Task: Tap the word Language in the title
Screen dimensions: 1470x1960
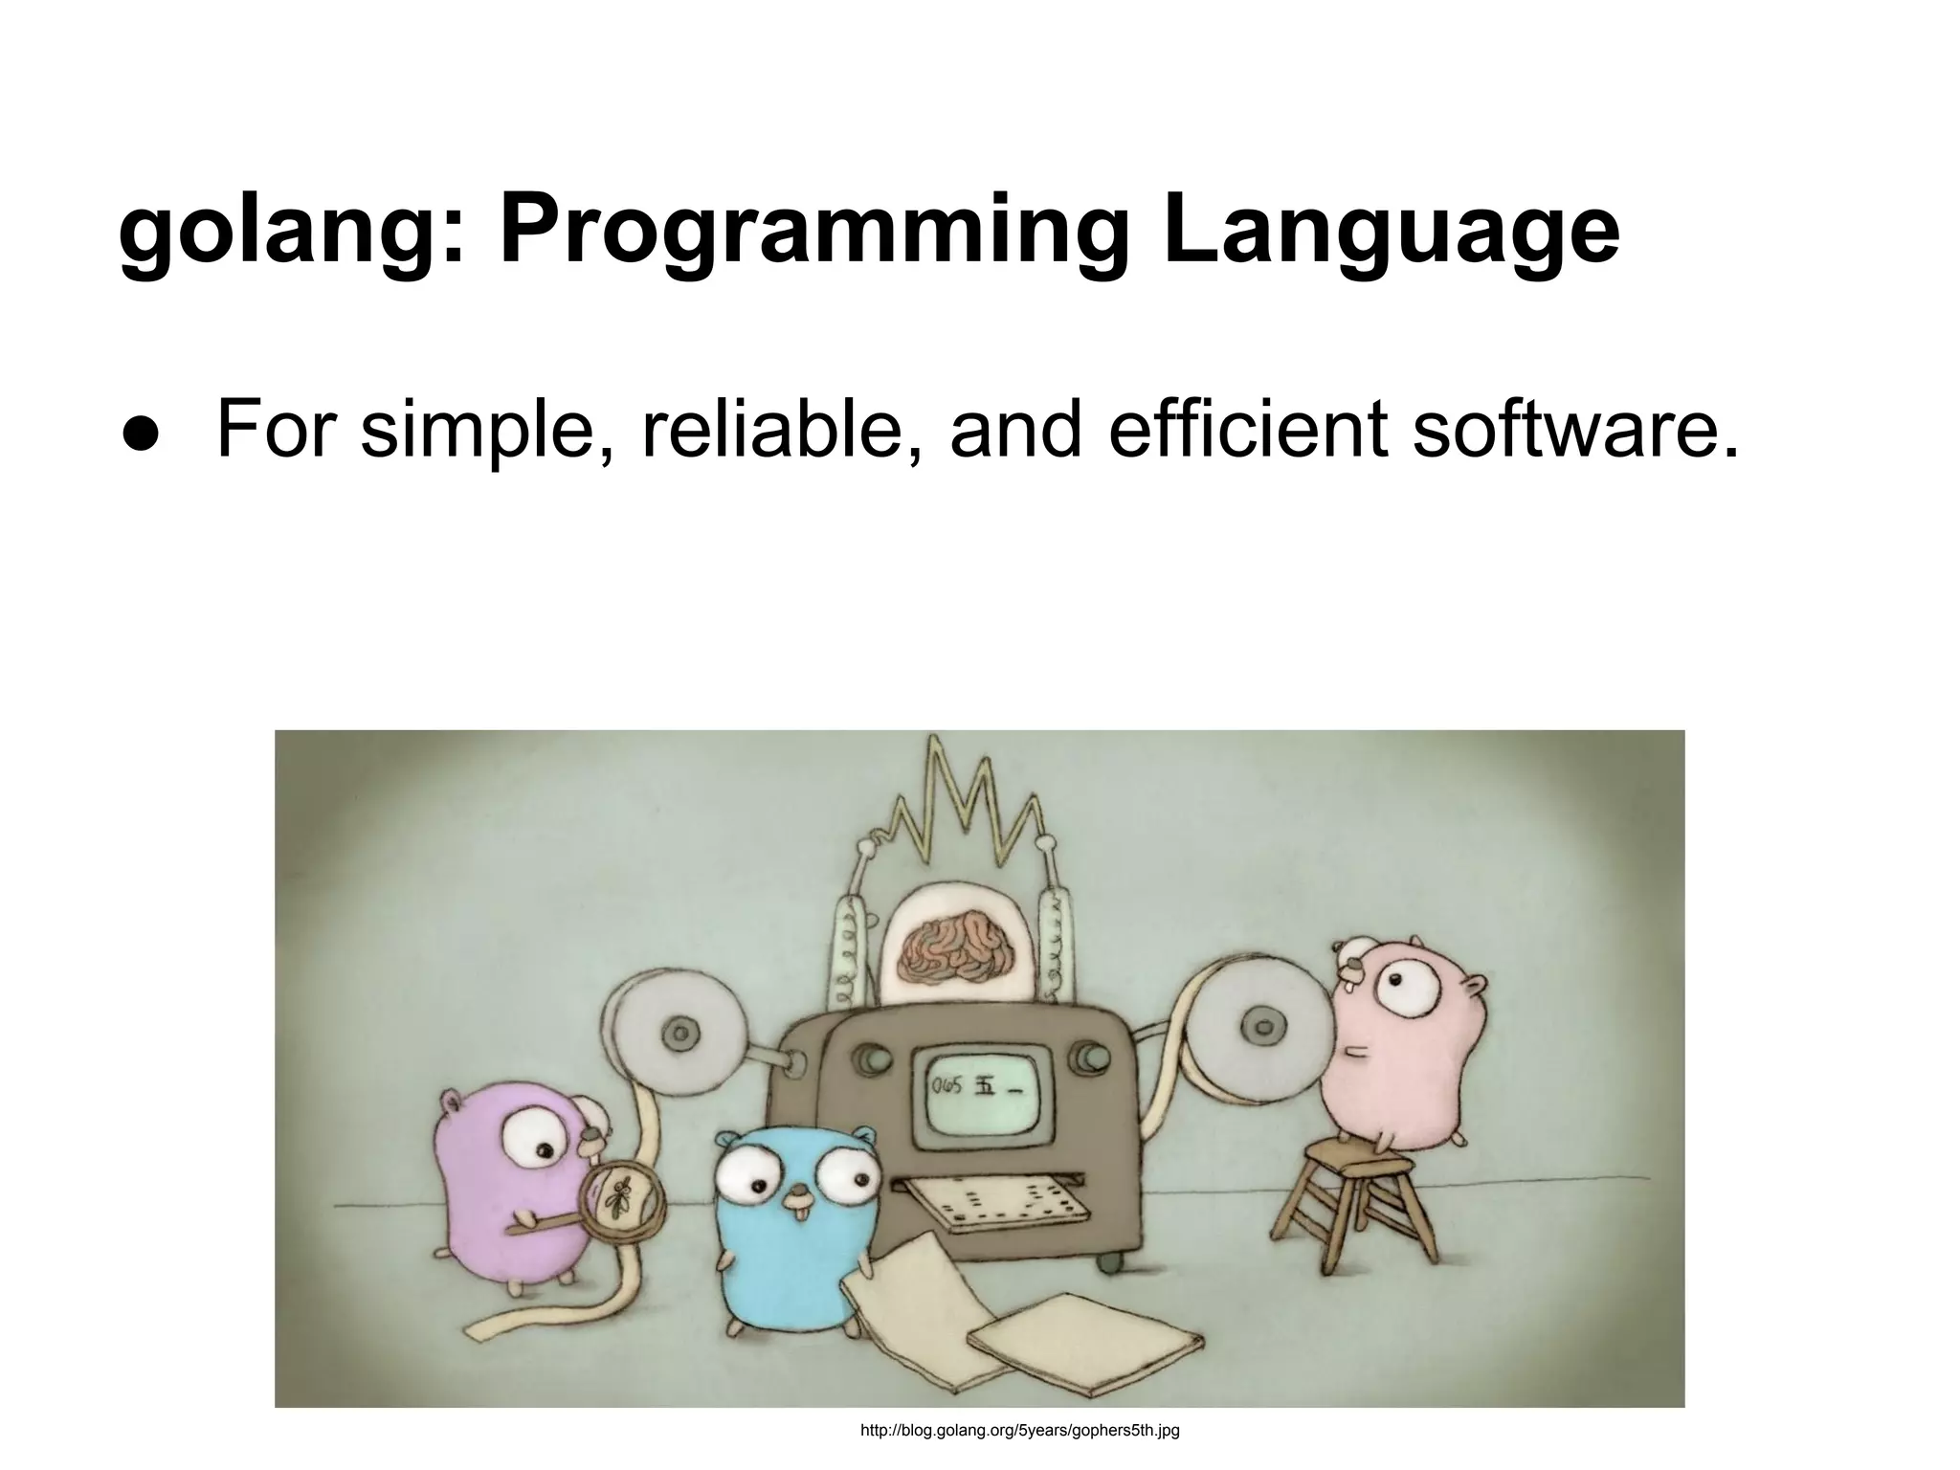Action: click(1391, 233)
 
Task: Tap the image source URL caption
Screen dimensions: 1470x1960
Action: click(1020, 1431)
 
